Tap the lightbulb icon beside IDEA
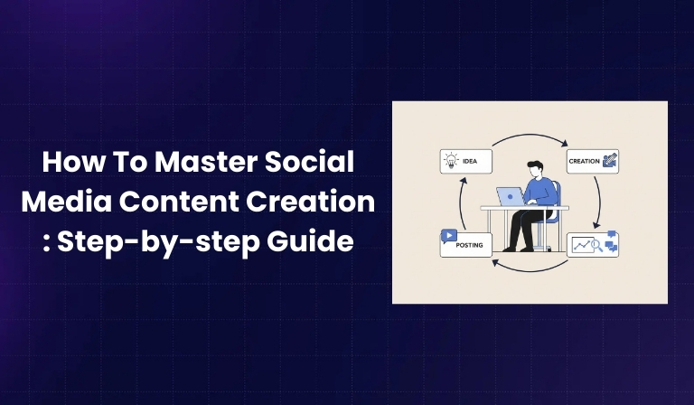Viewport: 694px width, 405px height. (x=452, y=162)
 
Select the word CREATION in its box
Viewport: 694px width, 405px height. (x=584, y=162)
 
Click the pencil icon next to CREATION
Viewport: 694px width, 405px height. (x=609, y=161)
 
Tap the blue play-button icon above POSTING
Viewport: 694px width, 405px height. (x=449, y=236)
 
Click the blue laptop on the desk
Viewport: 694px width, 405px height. (x=511, y=196)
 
